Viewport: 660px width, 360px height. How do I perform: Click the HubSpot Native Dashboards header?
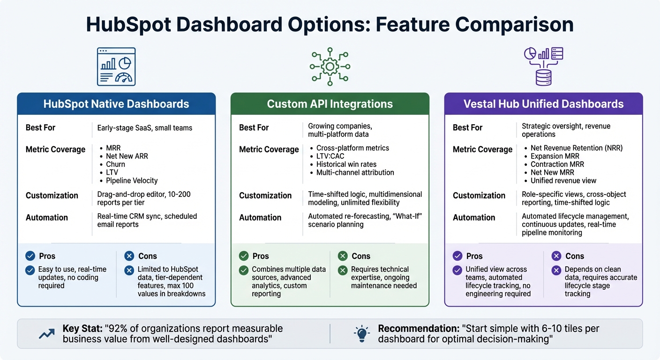coord(116,104)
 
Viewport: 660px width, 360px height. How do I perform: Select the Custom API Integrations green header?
coord(330,104)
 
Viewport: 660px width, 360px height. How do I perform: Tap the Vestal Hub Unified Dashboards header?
coord(543,104)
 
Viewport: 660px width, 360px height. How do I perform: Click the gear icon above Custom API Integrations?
coord(330,67)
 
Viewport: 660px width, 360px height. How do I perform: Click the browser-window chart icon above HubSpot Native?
coord(116,67)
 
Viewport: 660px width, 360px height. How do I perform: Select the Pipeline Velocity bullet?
coord(132,180)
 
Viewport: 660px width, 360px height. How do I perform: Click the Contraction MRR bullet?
coord(557,164)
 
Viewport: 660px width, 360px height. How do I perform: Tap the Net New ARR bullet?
coord(127,156)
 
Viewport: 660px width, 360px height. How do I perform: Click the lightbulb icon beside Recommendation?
coord(361,333)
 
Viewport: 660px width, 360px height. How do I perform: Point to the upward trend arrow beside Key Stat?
coord(46,333)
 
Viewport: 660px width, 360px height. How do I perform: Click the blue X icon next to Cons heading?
coord(129,256)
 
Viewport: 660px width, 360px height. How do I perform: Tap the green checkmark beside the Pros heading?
coord(244,256)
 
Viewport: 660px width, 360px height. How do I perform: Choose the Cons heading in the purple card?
coord(574,256)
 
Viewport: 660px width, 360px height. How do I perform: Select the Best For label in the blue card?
coord(41,127)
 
